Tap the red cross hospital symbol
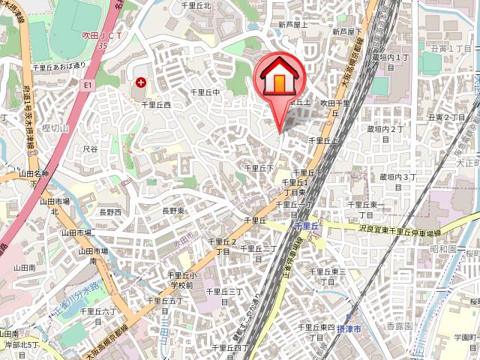coord(139,83)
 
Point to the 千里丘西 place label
coord(156,105)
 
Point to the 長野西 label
coord(109,212)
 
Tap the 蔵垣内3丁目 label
coord(397,177)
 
